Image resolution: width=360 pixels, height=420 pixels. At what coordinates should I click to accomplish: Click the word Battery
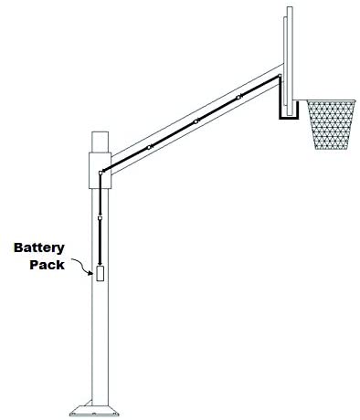[39, 248]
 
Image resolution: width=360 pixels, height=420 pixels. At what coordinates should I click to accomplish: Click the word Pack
[47, 265]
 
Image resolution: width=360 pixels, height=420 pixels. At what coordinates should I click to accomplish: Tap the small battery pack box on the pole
[100, 273]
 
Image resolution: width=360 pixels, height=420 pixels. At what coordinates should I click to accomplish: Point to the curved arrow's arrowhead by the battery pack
[90, 273]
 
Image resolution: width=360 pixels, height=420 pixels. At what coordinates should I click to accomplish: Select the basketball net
[331, 125]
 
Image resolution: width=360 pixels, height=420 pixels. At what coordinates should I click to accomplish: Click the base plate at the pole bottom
[94, 411]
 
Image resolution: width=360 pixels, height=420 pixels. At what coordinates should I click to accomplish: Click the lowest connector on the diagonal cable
[149, 147]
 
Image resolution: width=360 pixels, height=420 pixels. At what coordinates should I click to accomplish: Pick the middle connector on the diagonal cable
[196, 121]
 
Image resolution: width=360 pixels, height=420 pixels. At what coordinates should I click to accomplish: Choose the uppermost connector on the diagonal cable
[238, 98]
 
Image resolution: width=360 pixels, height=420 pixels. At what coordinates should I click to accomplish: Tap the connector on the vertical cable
[100, 218]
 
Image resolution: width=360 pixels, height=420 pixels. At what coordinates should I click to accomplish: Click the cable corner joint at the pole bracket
[101, 173]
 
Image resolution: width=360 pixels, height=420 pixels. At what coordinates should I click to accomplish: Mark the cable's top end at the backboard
[280, 76]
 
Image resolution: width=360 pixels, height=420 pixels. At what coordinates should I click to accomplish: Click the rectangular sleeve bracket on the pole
[100, 171]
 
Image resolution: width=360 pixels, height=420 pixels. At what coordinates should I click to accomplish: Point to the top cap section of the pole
[100, 142]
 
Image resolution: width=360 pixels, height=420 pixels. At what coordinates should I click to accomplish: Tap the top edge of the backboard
[290, 7]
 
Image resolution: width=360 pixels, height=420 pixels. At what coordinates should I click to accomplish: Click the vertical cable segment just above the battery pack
[100, 243]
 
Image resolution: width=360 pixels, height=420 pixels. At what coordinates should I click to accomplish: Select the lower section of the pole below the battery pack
[100, 343]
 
